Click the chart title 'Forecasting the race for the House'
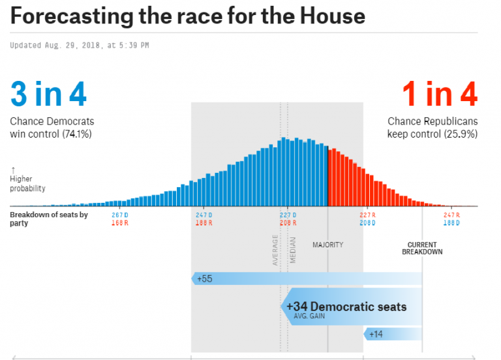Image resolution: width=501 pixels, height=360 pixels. pos(188,16)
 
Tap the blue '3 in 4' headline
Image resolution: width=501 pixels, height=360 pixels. pos(48,95)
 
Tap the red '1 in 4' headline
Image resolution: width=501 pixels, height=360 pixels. pos(439,95)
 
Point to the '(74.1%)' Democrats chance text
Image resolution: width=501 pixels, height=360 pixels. pos(76,134)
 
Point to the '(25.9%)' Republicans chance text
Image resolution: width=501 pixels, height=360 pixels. pos(461,134)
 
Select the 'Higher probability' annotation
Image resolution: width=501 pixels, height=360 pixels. pos(27,183)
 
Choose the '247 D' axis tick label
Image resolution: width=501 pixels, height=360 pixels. pos(205,215)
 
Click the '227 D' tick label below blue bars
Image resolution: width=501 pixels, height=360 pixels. pos(288,215)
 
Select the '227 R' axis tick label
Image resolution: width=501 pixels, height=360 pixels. pos(368,215)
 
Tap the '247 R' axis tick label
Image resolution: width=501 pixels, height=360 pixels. pos(451,215)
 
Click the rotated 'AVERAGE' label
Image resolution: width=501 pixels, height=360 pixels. pos(275,250)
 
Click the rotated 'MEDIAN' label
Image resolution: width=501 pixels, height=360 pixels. pos(293,250)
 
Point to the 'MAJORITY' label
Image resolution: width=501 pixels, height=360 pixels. pos(327,245)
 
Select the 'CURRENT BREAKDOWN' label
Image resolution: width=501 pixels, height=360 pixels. pos(422,248)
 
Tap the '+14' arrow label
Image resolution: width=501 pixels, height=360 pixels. pos(376,334)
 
